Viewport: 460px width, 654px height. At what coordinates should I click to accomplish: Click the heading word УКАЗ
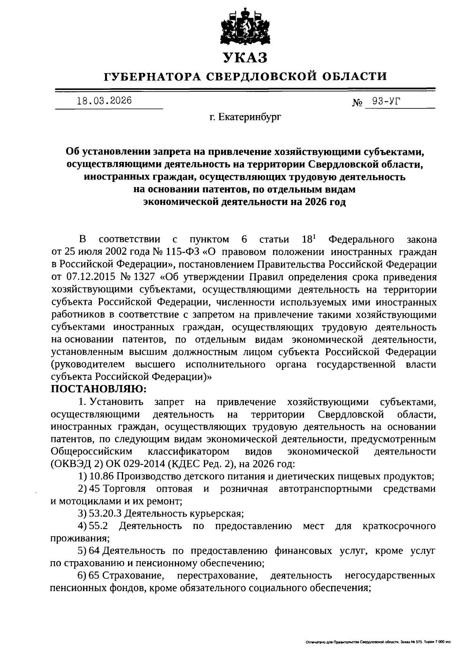pos(245,58)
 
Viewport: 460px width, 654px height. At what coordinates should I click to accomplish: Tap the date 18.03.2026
pos(104,101)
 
